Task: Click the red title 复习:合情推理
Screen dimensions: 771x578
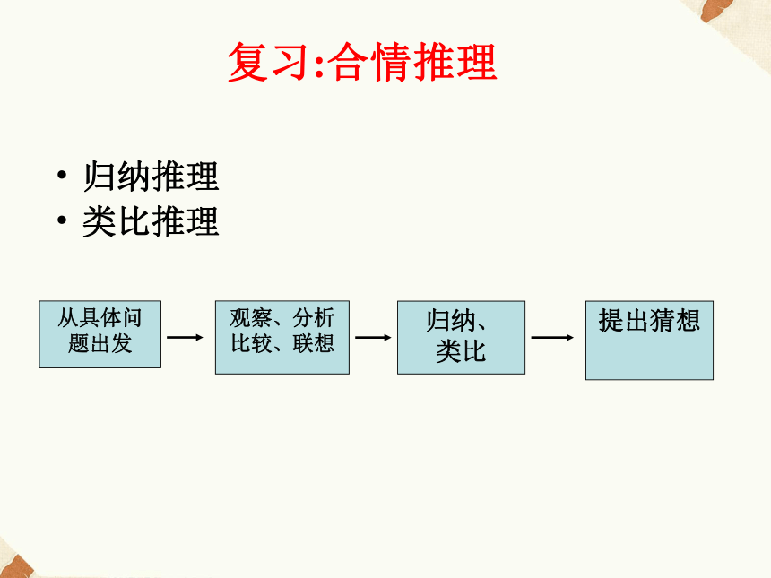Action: (x=362, y=62)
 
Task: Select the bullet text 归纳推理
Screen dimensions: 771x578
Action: (x=151, y=176)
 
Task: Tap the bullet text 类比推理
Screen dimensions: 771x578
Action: (x=151, y=221)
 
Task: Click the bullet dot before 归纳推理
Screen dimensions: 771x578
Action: (x=62, y=175)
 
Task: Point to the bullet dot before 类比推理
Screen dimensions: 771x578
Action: (x=62, y=220)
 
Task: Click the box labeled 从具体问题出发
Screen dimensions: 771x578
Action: (x=100, y=334)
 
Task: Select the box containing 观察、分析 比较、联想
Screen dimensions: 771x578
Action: (x=282, y=337)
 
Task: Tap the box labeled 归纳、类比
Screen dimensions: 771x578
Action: (x=461, y=337)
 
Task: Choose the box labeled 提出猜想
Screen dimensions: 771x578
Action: (x=649, y=341)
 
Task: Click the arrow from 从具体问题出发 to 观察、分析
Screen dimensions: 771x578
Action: (x=185, y=337)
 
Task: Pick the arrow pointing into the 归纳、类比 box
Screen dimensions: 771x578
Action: (x=373, y=337)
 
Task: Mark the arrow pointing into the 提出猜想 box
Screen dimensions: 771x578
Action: (x=552, y=337)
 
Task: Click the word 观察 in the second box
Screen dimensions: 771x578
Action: (x=251, y=318)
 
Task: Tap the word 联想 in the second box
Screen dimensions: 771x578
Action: (x=314, y=343)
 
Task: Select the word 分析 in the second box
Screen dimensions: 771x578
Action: (x=314, y=318)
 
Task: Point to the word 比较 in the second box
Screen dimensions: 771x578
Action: (x=251, y=343)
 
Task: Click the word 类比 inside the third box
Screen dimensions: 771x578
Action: (x=461, y=351)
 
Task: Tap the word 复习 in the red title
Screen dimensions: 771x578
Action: (x=268, y=62)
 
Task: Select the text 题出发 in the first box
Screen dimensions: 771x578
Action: (x=100, y=343)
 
